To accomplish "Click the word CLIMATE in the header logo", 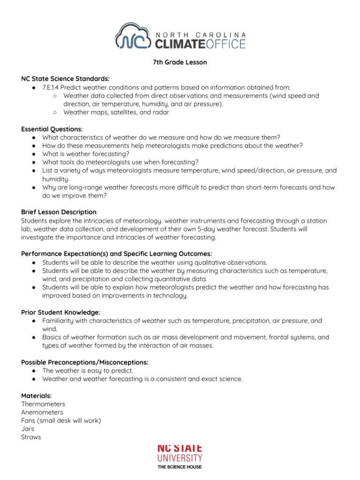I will (x=178, y=44).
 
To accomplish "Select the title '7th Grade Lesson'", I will (x=180, y=62).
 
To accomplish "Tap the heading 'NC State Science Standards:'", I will (x=65, y=79).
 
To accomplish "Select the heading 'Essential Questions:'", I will (x=52, y=129).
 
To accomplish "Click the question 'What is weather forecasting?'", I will (x=85, y=154).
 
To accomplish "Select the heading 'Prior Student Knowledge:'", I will (x=60, y=312).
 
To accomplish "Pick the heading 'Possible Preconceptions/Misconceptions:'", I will (x=84, y=362).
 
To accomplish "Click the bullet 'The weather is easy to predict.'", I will (x=88, y=371).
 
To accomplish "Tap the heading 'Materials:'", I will (x=36, y=396).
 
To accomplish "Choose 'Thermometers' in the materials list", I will (x=43, y=404).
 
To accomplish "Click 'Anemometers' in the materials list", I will (x=42, y=412).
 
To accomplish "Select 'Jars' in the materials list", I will (x=28, y=429).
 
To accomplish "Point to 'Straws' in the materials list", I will (x=31, y=437).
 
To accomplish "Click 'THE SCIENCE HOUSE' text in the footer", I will (x=180, y=467).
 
